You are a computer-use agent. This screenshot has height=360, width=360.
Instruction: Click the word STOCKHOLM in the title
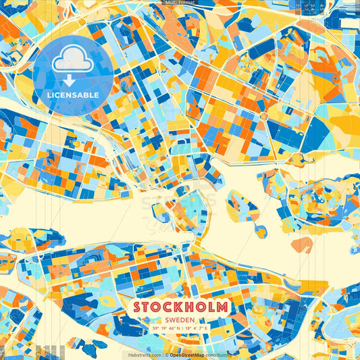(180, 307)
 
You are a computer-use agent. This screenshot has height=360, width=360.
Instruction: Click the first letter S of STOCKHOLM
(138, 307)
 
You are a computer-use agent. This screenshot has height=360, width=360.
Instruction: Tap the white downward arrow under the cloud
(69, 80)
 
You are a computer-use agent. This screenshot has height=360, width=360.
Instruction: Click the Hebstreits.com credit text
(143, 355)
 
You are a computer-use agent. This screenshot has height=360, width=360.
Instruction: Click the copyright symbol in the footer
(165, 355)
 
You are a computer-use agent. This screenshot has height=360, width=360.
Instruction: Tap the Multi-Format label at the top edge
(180, 3)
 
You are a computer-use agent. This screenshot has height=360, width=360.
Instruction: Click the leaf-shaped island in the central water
(242, 206)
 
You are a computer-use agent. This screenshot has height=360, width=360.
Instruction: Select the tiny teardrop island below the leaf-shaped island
(259, 232)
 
